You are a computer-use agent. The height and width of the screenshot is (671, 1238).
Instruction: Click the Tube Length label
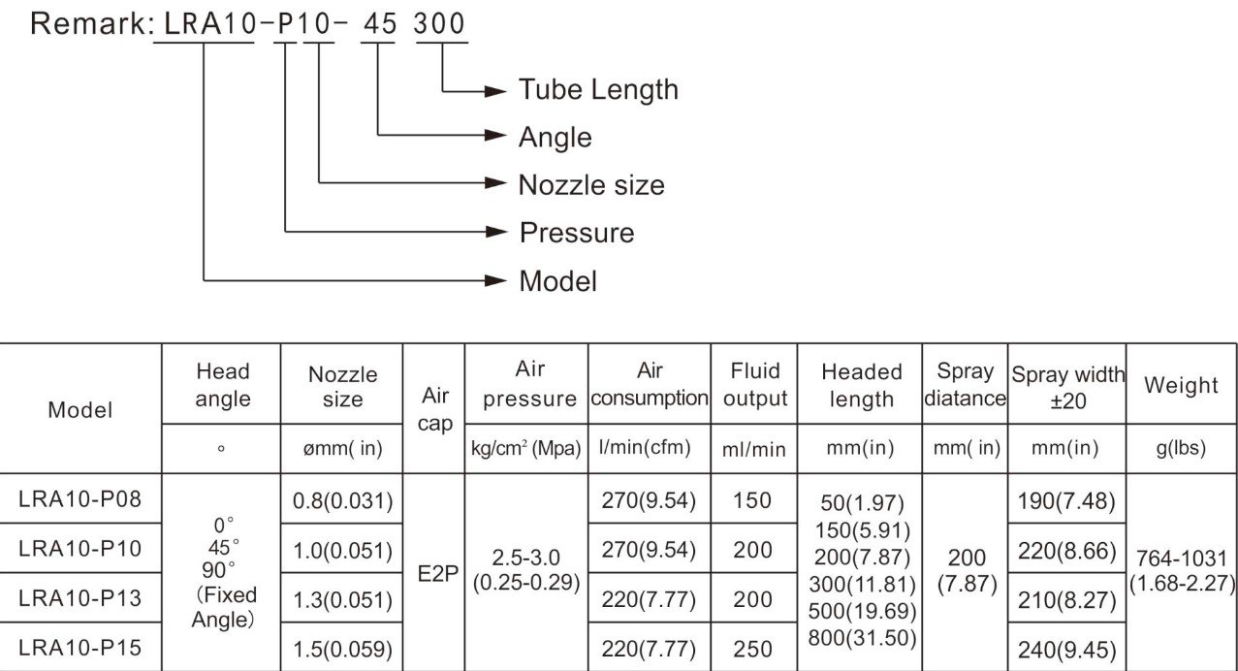click(x=598, y=90)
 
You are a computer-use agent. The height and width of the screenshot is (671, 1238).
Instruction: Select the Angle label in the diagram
click(x=555, y=138)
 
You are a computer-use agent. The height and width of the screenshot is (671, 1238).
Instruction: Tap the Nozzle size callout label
click(x=591, y=185)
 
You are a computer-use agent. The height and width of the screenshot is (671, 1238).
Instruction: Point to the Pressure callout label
click(x=577, y=233)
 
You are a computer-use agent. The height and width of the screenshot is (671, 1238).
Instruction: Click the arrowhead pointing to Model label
click(x=495, y=281)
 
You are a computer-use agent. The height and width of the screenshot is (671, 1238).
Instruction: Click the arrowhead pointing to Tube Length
click(x=495, y=91)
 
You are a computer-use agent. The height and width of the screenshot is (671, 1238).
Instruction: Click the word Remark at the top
click(x=88, y=24)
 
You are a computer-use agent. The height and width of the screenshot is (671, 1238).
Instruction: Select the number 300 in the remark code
click(x=439, y=24)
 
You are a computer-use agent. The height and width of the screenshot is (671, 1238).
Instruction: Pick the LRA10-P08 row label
click(x=79, y=499)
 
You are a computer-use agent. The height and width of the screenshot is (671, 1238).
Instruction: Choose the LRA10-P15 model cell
click(x=79, y=648)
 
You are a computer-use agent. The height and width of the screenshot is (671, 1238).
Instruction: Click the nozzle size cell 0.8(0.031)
click(x=342, y=500)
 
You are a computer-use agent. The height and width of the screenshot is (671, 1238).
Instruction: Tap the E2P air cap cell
click(x=438, y=574)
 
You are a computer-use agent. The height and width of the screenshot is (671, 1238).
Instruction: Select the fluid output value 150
click(x=752, y=500)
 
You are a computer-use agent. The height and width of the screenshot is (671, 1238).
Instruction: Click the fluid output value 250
click(x=752, y=649)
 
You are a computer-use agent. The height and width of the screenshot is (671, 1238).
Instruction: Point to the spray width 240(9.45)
click(x=1066, y=650)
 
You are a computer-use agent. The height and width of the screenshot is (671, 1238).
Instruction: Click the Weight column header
click(x=1181, y=385)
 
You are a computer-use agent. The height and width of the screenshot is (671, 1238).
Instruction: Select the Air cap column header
click(x=435, y=409)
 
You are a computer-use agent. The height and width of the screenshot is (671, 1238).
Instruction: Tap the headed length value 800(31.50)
click(x=862, y=638)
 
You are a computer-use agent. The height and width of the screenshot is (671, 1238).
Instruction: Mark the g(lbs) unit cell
click(x=1181, y=448)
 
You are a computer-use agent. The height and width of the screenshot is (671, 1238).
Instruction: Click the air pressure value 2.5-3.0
click(x=526, y=558)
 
